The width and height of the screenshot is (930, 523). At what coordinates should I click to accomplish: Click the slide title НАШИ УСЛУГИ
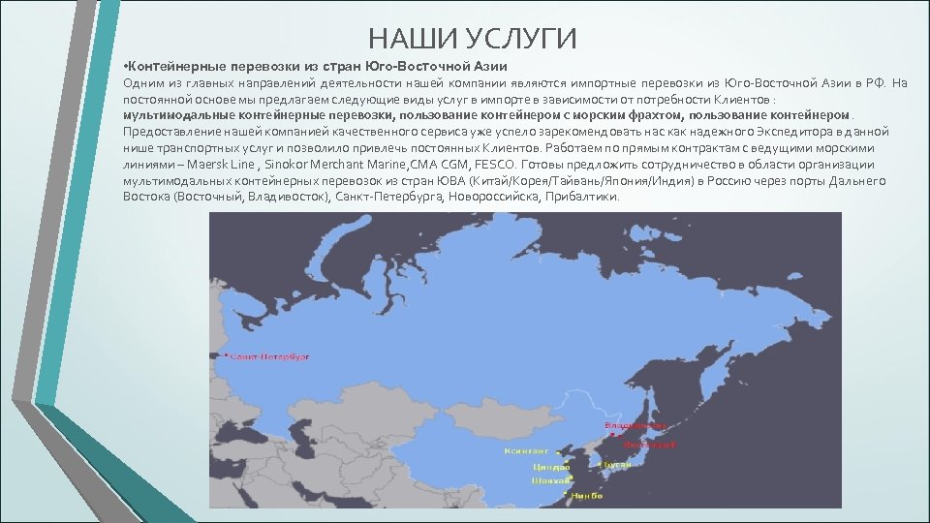[472, 39]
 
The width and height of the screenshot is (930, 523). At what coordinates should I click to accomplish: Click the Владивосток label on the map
[635, 425]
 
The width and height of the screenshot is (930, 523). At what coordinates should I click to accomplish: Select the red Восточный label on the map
[648, 445]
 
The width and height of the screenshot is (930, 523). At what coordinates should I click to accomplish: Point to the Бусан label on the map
[619, 464]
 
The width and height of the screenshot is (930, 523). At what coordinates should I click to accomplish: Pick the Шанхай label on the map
[549, 480]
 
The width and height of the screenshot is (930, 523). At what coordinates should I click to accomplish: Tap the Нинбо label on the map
[586, 495]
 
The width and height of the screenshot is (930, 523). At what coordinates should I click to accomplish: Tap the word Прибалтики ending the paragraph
[582, 197]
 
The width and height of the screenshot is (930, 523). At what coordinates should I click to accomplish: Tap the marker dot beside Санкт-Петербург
[228, 356]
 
